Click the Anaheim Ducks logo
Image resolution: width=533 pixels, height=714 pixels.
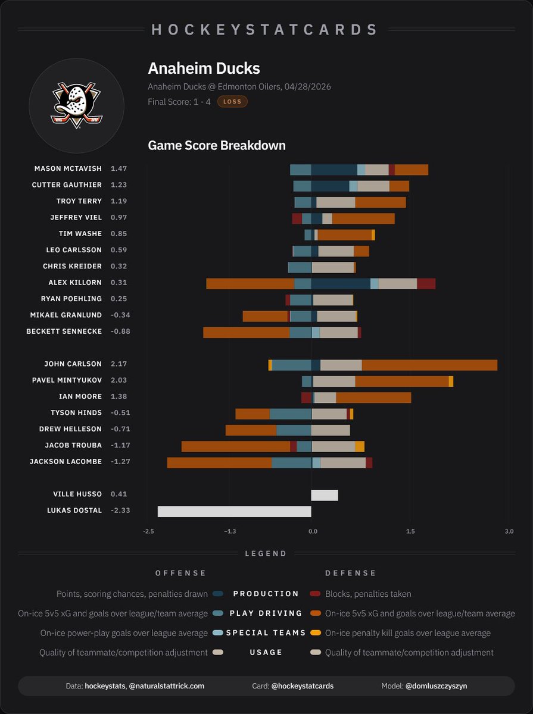76,106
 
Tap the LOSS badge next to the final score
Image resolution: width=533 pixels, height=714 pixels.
232,102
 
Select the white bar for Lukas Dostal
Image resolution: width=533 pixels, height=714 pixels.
234,511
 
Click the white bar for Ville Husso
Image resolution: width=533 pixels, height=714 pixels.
325,494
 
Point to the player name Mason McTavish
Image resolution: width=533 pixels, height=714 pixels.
68,169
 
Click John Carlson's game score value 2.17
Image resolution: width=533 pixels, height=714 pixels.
119,364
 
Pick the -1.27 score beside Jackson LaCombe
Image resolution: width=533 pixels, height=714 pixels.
120,462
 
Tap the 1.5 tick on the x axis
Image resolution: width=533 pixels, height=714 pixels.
410,531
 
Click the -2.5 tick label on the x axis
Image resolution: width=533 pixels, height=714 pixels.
148,531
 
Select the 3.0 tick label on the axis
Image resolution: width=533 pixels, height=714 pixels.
508,531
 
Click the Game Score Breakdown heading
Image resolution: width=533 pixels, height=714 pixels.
216,146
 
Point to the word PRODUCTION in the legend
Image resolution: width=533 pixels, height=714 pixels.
266,594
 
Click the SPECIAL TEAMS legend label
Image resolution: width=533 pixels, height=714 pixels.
266,633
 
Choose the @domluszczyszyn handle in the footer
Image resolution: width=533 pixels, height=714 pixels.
437,686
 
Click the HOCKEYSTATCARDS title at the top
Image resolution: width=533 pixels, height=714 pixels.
266,30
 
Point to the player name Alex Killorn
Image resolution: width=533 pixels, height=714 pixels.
75,283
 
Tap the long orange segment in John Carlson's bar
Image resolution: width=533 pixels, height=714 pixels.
429,365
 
